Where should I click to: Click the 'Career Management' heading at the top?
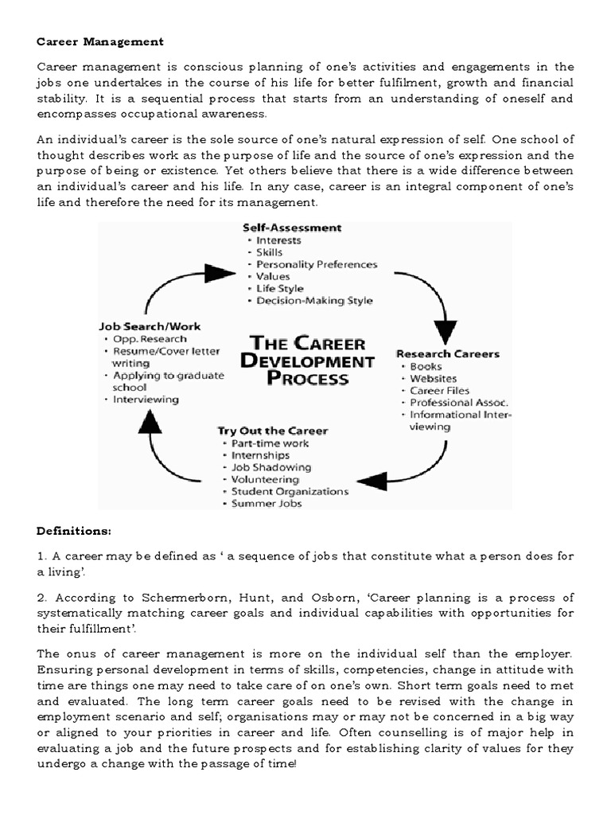(100, 41)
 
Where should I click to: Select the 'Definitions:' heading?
(74, 530)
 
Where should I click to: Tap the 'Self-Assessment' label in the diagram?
(292, 228)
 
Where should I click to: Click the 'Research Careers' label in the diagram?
(447, 353)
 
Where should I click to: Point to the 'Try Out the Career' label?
(272, 431)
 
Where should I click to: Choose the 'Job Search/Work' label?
(150, 326)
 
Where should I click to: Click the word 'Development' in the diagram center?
(312, 361)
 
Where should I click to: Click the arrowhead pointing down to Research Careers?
(444, 330)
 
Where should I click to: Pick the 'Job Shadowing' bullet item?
(271, 467)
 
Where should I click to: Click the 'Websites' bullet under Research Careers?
(434, 378)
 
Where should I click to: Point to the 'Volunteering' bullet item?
(265, 480)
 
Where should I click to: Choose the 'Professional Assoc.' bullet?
(459, 403)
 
